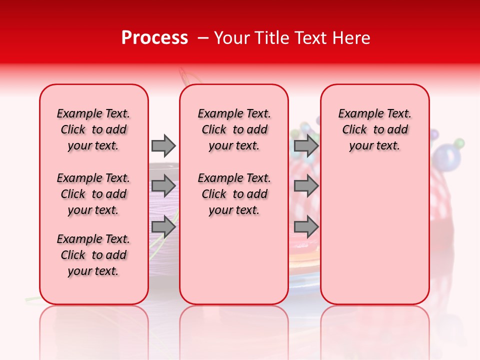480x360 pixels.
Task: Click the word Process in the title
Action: (x=154, y=38)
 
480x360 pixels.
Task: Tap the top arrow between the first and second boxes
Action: (x=163, y=145)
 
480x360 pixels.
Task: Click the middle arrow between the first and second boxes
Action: (x=163, y=186)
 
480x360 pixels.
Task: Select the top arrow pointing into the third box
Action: (x=306, y=145)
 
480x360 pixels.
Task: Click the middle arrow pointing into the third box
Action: (x=306, y=186)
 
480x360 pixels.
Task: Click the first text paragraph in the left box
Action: (x=93, y=129)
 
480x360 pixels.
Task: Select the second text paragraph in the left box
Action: (x=93, y=194)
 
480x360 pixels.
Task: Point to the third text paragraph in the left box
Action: (x=93, y=255)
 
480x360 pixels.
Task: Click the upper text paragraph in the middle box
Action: (x=234, y=129)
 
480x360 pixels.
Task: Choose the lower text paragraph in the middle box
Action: (x=234, y=194)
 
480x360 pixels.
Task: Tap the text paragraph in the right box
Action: (x=374, y=129)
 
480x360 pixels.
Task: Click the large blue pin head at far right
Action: (x=446, y=156)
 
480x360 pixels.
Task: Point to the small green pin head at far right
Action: (x=459, y=143)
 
